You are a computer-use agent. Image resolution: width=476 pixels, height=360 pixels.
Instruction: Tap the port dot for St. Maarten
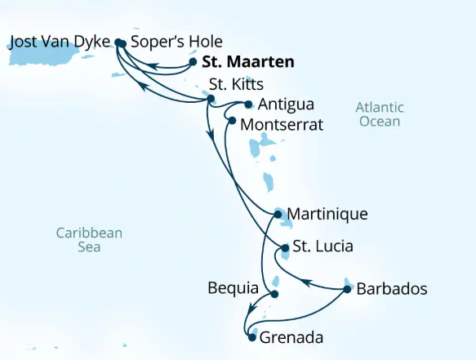(x=193, y=61)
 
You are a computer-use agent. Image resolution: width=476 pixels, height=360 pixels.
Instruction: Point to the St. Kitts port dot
(x=211, y=99)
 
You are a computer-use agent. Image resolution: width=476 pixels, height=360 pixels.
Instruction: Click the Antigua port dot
(x=248, y=104)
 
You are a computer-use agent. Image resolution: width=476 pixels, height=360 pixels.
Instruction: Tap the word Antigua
(x=285, y=105)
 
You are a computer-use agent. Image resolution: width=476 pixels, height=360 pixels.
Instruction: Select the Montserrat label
(x=282, y=125)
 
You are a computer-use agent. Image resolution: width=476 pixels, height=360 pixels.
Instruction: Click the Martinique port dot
(x=278, y=215)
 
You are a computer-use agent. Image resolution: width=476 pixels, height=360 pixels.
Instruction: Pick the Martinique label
(x=328, y=215)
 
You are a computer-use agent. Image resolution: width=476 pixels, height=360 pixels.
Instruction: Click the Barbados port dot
(x=348, y=289)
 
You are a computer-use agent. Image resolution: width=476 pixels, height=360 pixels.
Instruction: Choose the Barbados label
(x=392, y=289)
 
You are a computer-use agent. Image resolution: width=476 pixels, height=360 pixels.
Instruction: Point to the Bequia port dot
(x=274, y=294)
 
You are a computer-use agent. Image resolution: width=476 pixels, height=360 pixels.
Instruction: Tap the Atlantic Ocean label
(x=380, y=114)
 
